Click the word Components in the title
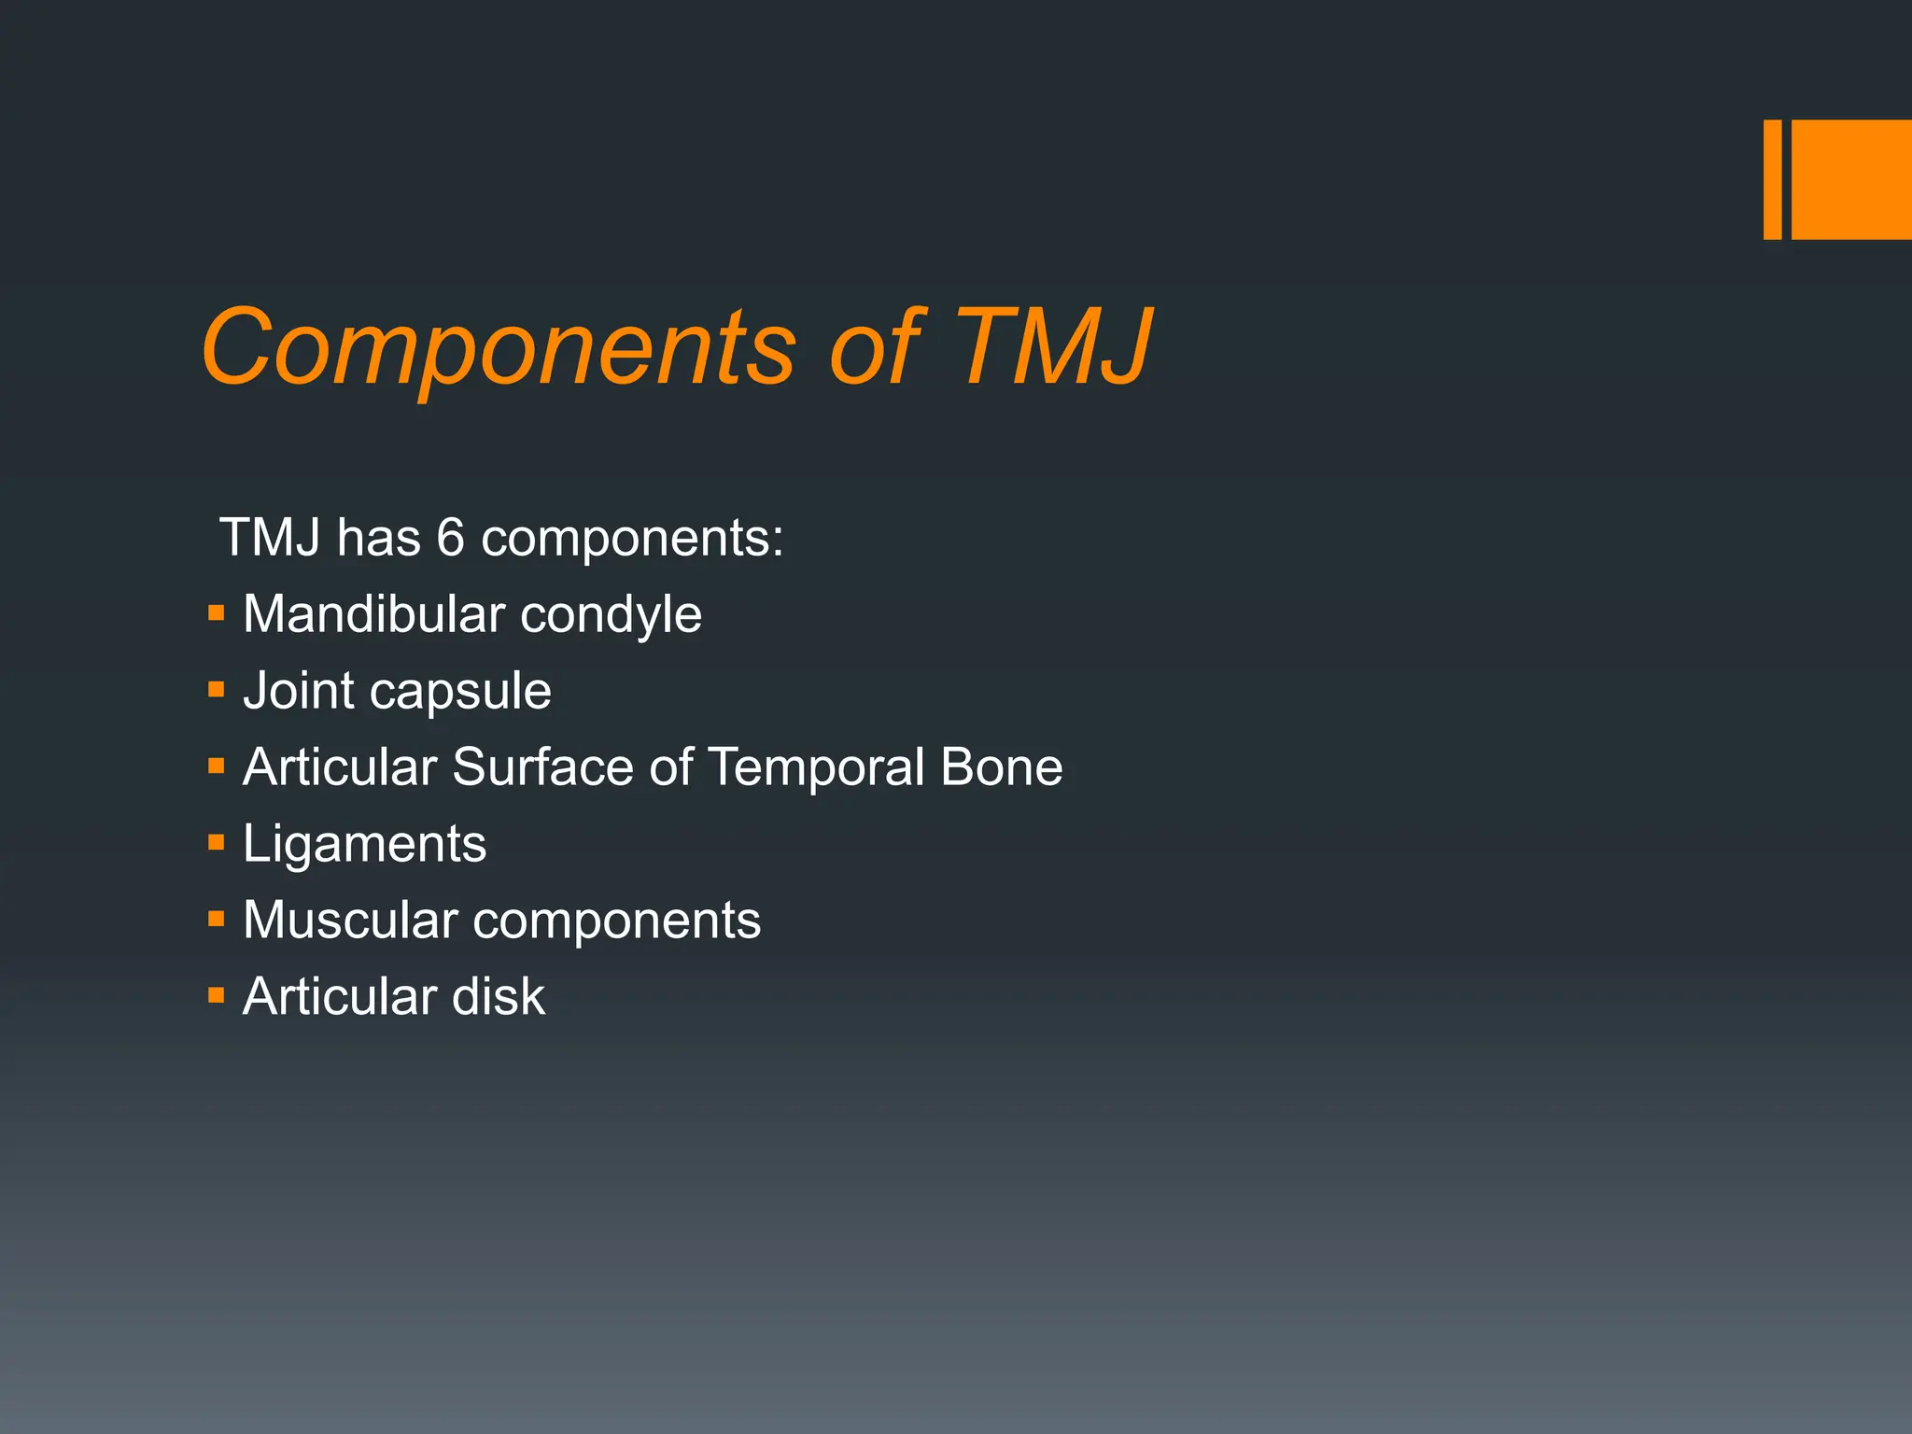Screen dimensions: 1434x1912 point(498,348)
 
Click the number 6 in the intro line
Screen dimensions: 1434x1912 point(450,539)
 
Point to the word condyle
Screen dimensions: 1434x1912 point(611,616)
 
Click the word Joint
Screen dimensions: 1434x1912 point(299,691)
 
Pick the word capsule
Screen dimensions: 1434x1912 point(460,693)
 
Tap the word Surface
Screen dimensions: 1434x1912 point(544,767)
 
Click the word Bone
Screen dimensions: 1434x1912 point(1001,767)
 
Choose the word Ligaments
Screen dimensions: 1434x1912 point(364,845)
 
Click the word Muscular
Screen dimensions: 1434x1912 point(350,921)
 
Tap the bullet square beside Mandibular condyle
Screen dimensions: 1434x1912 point(217,613)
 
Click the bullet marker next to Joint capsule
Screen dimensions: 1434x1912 point(217,690)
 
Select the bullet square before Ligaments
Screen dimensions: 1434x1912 point(217,843)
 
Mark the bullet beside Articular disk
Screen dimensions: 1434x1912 point(217,995)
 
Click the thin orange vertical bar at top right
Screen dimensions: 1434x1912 point(1772,179)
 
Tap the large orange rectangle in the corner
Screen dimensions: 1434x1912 point(1851,179)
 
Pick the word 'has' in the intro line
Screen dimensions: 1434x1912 point(378,539)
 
